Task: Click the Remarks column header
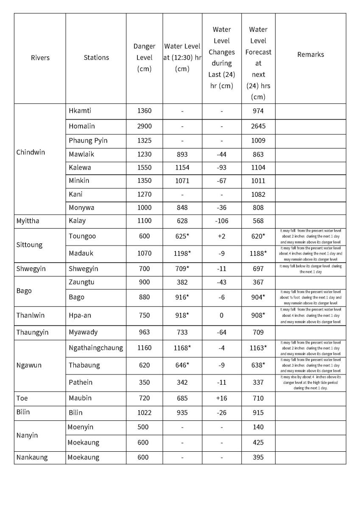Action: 310,55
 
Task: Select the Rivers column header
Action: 40,58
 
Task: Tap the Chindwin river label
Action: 31,152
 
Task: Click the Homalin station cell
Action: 82,126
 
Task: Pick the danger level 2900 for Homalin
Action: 144,126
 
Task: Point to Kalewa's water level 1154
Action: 182,167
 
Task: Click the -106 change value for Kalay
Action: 221,221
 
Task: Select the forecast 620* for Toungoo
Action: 258,236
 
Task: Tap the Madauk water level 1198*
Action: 182,253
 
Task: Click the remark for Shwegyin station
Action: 310,268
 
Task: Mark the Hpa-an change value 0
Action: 221,315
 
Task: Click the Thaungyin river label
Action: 32,332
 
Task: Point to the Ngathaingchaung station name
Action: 96,348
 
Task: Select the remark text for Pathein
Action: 310,382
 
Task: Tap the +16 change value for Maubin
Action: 221,398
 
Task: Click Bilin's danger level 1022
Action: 144,412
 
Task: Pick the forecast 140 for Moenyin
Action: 258,427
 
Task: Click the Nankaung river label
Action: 32,457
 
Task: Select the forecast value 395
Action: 258,457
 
